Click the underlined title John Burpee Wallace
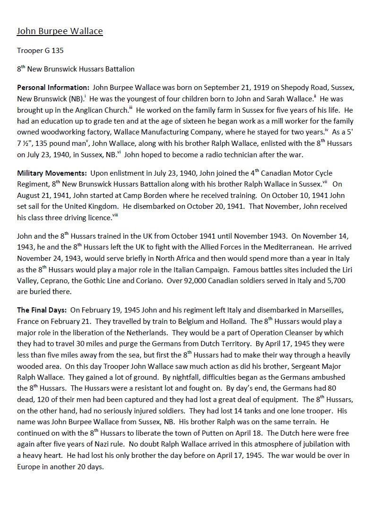[x=60, y=32]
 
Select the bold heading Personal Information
[x=53, y=88]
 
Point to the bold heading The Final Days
[x=42, y=311]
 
